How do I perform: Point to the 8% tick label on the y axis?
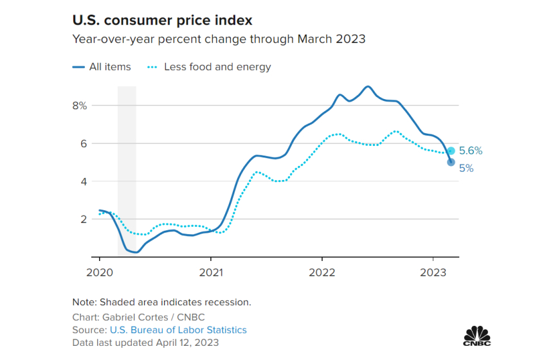pyautogui.click(x=79, y=105)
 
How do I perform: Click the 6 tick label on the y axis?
pyautogui.click(x=83, y=143)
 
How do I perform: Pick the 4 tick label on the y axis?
pyautogui.click(x=83, y=181)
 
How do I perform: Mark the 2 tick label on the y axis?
pyautogui.click(x=83, y=219)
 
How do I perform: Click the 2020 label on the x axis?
pyautogui.click(x=100, y=271)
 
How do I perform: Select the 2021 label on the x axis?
pyautogui.click(x=211, y=271)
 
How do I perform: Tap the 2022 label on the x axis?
pyautogui.click(x=322, y=271)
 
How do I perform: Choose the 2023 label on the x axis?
pyautogui.click(x=433, y=271)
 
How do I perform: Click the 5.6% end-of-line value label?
pyautogui.click(x=471, y=151)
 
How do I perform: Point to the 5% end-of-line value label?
pyautogui.click(x=466, y=168)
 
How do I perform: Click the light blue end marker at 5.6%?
pyautogui.click(x=451, y=150)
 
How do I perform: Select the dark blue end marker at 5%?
pyautogui.click(x=451, y=162)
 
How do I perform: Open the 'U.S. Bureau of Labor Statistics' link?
pyautogui.click(x=178, y=330)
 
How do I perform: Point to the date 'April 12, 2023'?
pyautogui.click(x=187, y=343)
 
